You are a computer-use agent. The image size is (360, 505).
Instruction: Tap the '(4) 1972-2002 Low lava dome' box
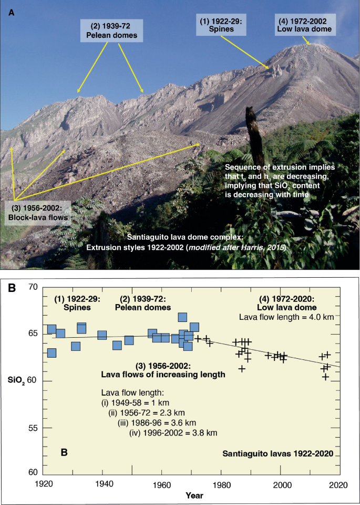(x=304, y=25)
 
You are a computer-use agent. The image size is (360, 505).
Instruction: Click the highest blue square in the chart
(x=182, y=317)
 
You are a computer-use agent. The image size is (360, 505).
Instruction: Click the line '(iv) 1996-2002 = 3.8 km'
(x=173, y=433)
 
